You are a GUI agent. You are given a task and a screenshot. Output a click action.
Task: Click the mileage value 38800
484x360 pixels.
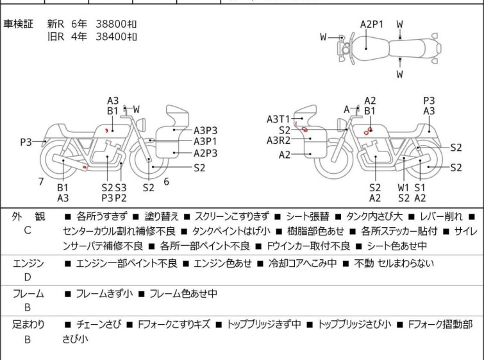click(111, 24)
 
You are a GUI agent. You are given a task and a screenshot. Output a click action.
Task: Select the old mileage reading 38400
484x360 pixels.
click(111, 37)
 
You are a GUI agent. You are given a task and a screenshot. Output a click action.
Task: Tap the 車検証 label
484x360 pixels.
click(18, 24)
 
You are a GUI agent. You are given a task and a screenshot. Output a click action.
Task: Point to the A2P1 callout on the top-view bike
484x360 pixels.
click(372, 24)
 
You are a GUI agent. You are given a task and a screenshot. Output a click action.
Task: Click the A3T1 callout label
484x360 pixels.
click(278, 119)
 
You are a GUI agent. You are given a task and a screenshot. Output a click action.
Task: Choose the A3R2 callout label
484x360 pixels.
click(278, 141)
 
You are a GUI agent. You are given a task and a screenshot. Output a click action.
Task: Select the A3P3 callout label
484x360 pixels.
click(205, 130)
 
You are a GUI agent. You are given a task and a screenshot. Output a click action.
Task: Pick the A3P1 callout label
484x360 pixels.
click(205, 142)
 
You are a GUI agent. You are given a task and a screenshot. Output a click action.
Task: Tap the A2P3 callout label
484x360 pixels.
click(205, 153)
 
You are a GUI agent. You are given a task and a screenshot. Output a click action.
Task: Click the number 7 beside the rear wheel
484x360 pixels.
click(41, 182)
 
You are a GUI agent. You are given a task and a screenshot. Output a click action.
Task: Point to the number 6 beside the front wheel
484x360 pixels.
click(167, 182)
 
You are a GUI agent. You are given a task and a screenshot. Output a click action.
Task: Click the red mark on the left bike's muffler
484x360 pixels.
click(85, 167)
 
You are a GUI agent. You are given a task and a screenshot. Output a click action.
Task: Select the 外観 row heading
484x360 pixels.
click(28, 216)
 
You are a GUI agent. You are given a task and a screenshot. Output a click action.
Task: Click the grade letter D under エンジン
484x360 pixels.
click(28, 277)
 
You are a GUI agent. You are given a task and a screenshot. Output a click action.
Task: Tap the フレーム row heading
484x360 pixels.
click(28, 293)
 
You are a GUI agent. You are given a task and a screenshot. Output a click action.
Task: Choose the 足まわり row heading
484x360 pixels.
click(28, 325)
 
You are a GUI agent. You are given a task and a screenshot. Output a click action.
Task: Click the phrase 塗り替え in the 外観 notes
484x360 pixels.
click(162, 216)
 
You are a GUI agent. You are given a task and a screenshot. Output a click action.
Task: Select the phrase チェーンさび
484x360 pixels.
click(99, 325)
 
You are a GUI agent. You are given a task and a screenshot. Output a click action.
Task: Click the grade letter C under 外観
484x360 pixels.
click(28, 230)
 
